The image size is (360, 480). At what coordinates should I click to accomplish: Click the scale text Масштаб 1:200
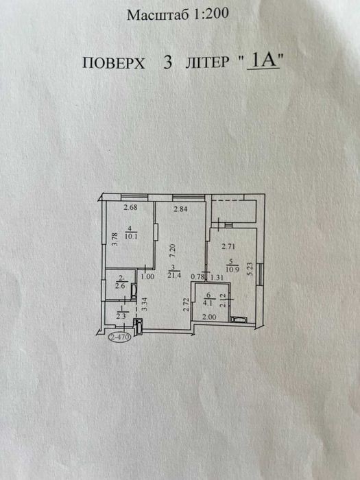click(178, 14)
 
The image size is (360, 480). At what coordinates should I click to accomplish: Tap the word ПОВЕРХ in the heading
click(114, 63)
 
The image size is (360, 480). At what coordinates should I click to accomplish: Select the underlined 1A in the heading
click(263, 60)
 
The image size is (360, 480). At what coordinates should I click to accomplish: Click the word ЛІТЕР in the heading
click(207, 62)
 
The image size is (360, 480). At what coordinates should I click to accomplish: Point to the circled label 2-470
click(120, 337)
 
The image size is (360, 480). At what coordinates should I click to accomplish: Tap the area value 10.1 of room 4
click(131, 236)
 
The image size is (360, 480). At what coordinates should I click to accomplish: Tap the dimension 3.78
click(115, 240)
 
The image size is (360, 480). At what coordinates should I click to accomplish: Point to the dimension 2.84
click(180, 209)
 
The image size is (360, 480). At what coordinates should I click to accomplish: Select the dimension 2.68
click(130, 207)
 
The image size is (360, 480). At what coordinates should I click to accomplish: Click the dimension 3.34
click(145, 304)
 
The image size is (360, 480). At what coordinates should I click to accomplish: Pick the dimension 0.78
click(197, 277)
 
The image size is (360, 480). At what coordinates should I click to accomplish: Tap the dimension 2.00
click(209, 317)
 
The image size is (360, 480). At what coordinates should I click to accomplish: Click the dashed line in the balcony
click(235, 201)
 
